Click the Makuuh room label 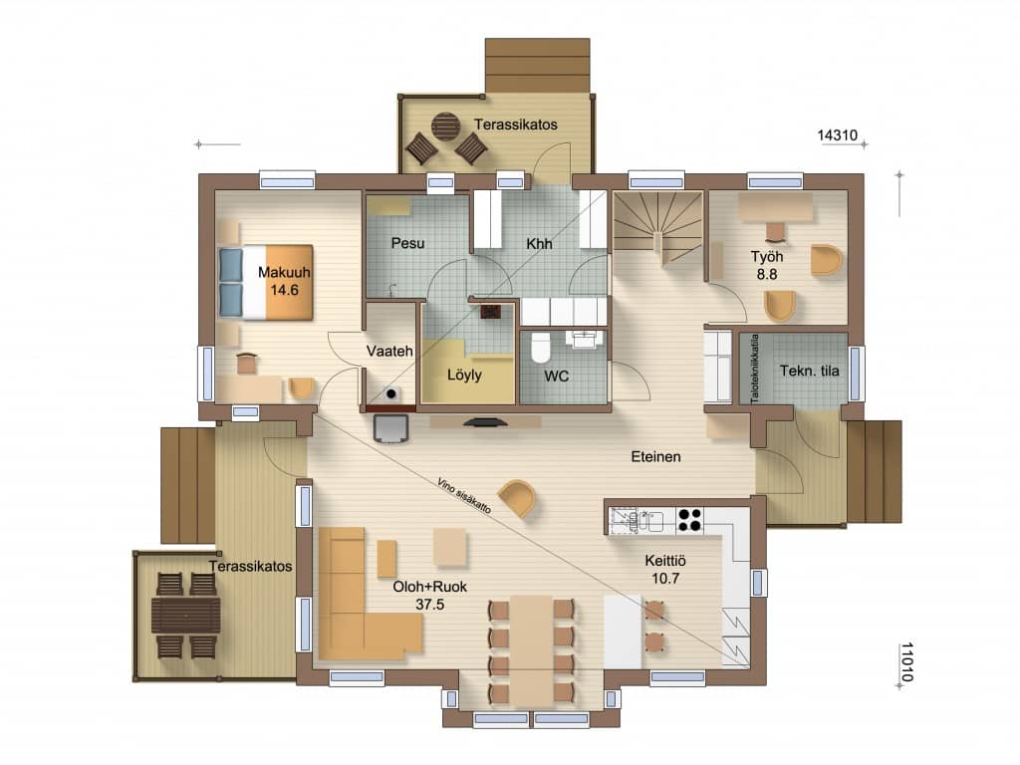[284, 273]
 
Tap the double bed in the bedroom [265, 282]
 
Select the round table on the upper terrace [446, 127]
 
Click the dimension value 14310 [837, 135]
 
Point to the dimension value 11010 [906, 661]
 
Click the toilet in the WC [541, 348]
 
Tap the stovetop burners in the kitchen [689, 519]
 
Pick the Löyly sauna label [464, 375]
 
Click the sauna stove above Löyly [490, 311]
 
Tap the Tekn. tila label [809, 371]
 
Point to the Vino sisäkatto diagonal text [464, 496]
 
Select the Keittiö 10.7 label [665, 569]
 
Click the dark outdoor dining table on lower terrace [186, 615]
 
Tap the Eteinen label [655, 456]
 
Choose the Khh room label [539, 244]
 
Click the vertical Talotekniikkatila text [755, 369]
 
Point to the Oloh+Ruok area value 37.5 [430, 605]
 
